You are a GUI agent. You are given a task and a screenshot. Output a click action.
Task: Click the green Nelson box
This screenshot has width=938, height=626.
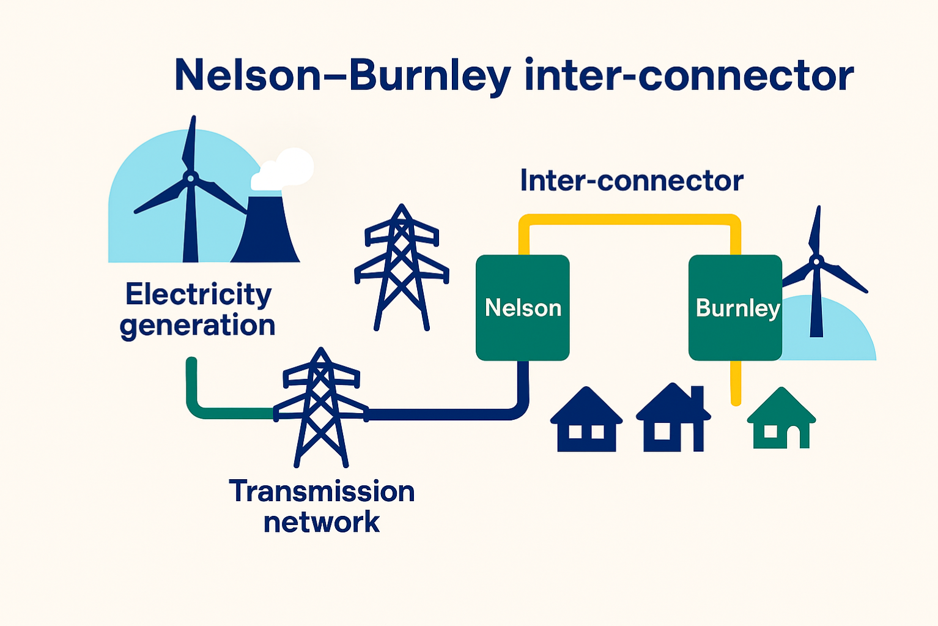522,307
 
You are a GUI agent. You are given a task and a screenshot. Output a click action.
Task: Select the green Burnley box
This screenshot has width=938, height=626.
734,307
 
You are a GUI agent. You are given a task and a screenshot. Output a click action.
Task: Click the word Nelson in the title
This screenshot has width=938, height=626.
247,76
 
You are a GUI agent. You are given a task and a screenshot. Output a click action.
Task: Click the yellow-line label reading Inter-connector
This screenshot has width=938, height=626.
631,181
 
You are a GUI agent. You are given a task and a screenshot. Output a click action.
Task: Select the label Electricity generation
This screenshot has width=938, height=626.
198,310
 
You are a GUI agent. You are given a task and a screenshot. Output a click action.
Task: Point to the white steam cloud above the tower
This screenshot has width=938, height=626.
287,168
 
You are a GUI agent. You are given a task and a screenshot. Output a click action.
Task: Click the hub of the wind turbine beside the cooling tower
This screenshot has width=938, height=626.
190,178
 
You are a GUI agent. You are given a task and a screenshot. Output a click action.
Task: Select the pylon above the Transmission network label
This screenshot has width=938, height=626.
320,407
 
